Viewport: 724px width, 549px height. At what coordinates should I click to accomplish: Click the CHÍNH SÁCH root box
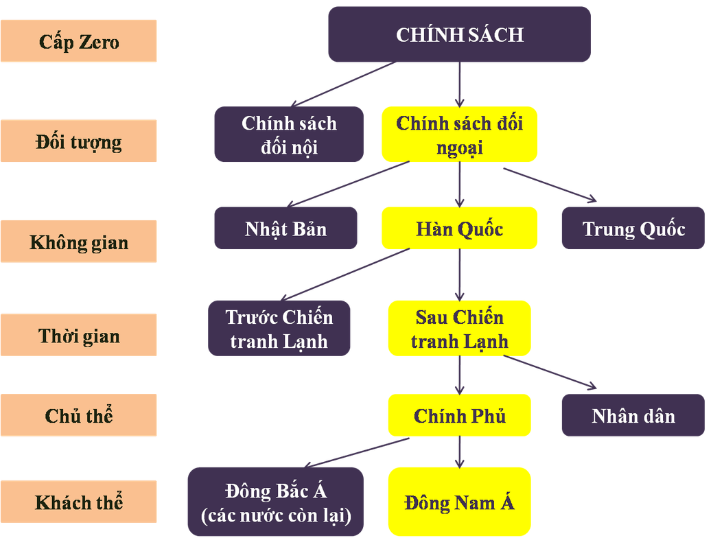click(x=458, y=34)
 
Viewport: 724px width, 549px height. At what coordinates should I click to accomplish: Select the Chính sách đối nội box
click(x=289, y=135)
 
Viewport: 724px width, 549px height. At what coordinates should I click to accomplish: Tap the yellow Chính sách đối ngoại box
click(x=459, y=135)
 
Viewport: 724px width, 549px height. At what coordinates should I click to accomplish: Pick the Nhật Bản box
click(x=285, y=228)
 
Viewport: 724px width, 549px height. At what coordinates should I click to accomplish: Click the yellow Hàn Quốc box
click(x=459, y=228)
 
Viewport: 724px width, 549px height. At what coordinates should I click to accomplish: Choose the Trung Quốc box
click(x=633, y=228)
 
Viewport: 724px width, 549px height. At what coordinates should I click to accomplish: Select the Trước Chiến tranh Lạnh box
click(x=279, y=328)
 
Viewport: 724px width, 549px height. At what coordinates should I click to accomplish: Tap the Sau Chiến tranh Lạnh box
click(x=459, y=328)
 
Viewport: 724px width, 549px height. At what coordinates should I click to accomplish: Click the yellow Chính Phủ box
click(x=459, y=415)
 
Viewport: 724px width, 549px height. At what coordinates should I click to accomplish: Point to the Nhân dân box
click(x=633, y=415)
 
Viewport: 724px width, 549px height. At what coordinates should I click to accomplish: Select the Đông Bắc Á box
click(x=275, y=502)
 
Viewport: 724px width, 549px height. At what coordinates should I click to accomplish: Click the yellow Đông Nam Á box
click(x=459, y=501)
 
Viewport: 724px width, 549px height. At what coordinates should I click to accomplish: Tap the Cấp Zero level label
click(x=79, y=41)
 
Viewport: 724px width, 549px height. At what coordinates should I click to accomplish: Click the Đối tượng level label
click(x=79, y=141)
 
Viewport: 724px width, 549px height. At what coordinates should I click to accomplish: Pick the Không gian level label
click(x=79, y=242)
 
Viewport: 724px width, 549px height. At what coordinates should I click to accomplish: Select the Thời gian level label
click(x=79, y=335)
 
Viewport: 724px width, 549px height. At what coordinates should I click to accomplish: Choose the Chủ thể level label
click(x=79, y=415)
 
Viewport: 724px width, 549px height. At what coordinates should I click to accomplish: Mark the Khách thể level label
click(x=79, y=502)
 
